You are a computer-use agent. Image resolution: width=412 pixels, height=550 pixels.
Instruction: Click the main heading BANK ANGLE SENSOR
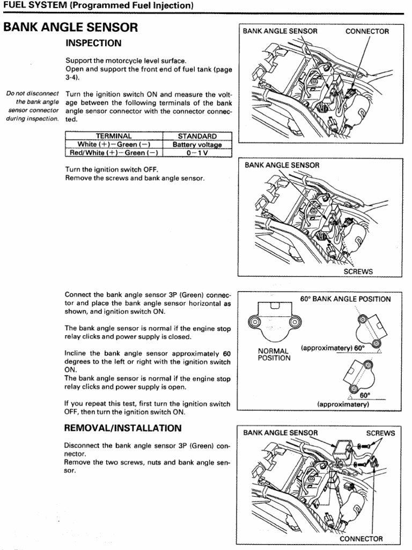[x=71, y=27]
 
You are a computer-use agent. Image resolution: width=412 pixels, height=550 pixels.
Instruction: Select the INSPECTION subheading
[x=93, y=43]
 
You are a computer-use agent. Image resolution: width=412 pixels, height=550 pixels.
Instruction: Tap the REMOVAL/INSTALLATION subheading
[x=123, y=428]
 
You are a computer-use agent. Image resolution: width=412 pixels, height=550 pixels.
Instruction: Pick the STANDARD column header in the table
[x=197, y=136]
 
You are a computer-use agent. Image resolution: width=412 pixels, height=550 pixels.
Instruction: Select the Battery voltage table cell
[x=197, y=144]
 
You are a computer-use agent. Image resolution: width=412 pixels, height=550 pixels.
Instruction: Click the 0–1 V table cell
[x=197, y=153]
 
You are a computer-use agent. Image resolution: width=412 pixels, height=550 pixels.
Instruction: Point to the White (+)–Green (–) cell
[x=113, y=144]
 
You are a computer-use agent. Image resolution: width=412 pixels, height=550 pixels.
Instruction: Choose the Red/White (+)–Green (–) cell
[x=113, y=153]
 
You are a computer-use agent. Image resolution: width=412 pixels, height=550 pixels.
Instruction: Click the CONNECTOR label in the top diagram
[x=367, y=31]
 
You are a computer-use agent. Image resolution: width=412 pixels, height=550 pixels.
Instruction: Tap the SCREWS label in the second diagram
[x=358, y=272]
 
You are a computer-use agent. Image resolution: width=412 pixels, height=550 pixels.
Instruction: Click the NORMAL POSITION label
[x=274, y=354]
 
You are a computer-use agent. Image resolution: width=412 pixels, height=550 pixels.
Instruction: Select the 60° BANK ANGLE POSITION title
[x=345, y=299]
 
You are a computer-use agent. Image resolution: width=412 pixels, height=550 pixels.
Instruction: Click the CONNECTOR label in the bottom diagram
[x=361, y=539]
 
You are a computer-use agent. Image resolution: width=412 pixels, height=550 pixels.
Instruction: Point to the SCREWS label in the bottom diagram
[x=380, y=433]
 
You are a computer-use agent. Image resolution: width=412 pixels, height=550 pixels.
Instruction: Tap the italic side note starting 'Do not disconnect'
[x=32, y=106]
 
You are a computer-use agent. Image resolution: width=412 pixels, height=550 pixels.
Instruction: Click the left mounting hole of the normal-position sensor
[x=255, y=323]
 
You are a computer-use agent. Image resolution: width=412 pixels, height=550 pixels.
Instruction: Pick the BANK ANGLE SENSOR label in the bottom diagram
[x=281, y=433]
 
